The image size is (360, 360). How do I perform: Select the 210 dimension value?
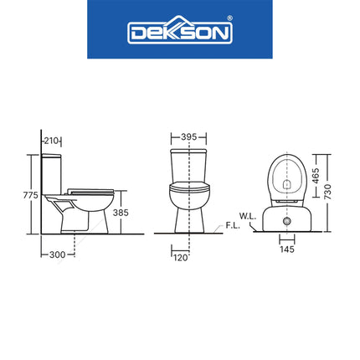(x=53, y=138)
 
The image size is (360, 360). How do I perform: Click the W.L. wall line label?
(x=247, y=216)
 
